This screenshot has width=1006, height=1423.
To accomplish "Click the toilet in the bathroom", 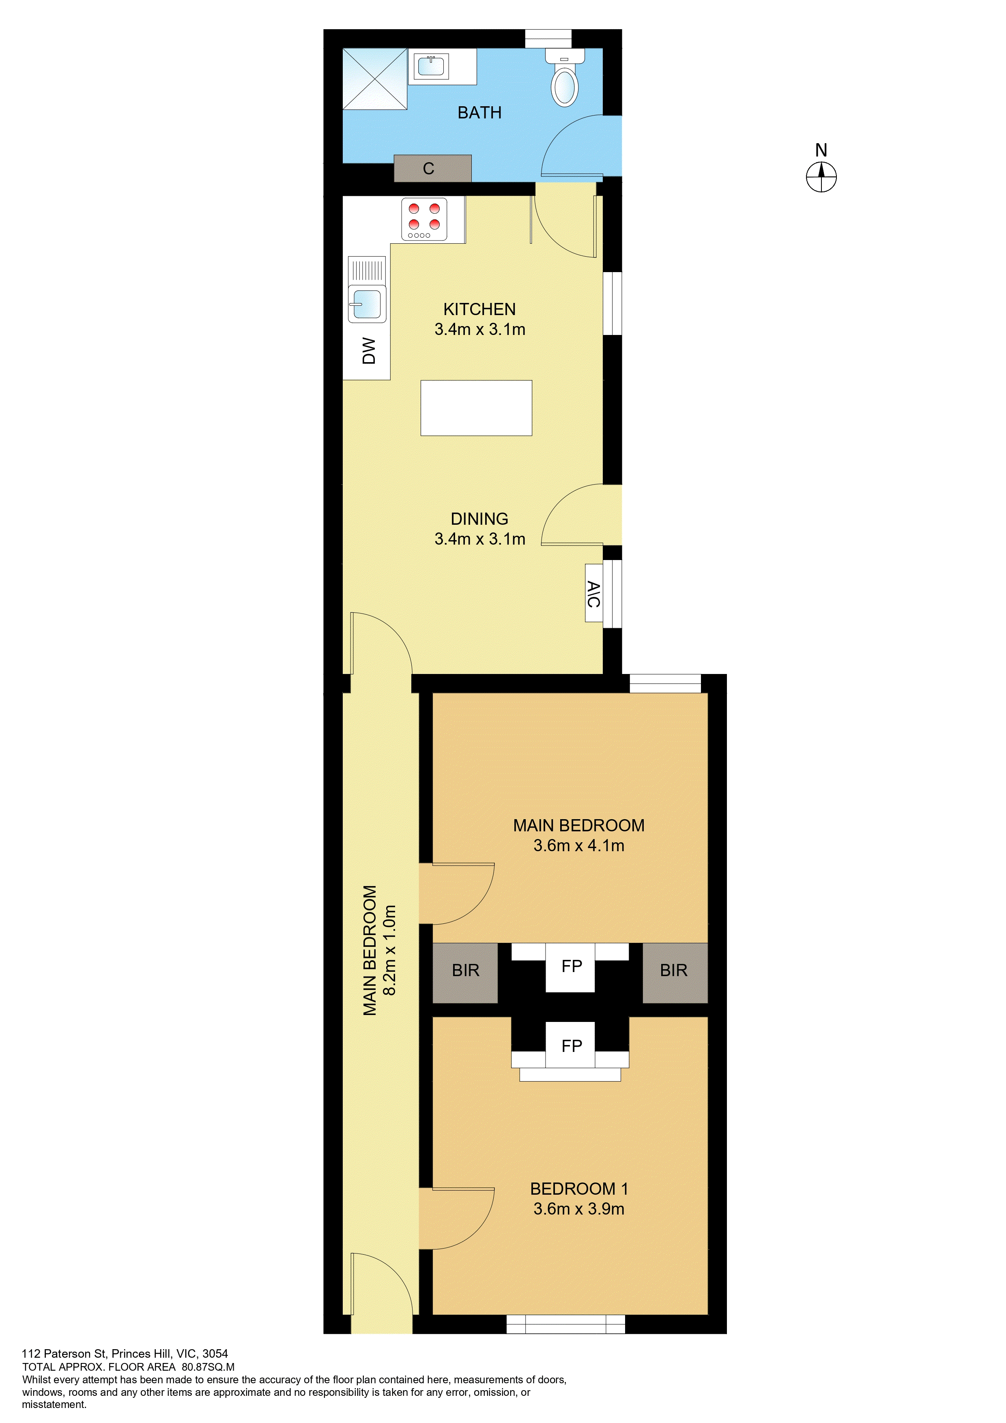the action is point(565,77).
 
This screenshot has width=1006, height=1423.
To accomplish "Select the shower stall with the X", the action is point(375,79).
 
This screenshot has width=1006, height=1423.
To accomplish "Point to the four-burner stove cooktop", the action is point(425,219).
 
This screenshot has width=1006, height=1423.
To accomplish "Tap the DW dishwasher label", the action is point(369,351).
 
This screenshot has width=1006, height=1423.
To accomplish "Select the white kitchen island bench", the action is point(476,408).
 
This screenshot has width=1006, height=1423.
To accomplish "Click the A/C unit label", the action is point(594,594).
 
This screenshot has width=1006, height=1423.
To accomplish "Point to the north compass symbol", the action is point(821,177).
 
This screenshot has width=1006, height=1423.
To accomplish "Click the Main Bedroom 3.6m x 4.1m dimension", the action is point(579,846).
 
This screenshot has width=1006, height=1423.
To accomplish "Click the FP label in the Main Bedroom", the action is point(572,966).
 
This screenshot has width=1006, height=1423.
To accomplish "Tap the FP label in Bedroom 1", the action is point(572,1046).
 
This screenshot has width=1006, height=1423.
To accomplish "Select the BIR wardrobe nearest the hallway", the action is point(465,973).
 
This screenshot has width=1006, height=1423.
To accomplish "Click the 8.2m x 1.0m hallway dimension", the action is point(390,950).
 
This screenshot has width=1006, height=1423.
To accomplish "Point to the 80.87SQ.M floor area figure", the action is point(208,1367).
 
